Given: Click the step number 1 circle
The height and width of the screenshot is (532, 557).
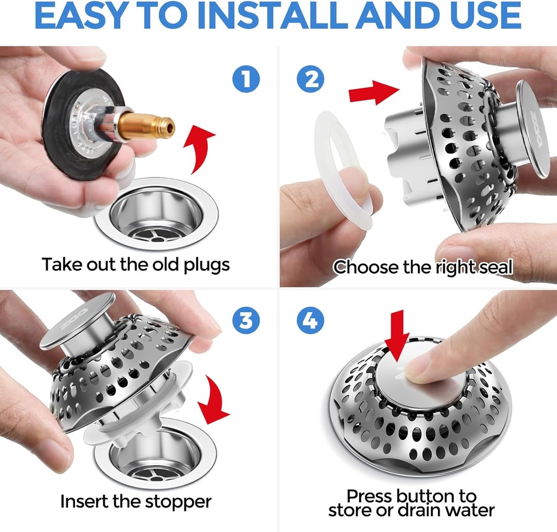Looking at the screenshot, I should pyautogui.click(x=246, y=80).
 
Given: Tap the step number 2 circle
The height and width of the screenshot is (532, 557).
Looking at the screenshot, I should pyautogui.click(x=310, y=80).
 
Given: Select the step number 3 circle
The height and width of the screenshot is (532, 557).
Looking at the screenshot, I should pyautogui.click(x=246, y=321).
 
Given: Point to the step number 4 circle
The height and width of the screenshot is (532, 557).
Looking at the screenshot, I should pyautogui.click(x=310, y=321).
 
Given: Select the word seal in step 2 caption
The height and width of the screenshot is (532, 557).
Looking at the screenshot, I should pyautogui.click(x=494, y=267).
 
